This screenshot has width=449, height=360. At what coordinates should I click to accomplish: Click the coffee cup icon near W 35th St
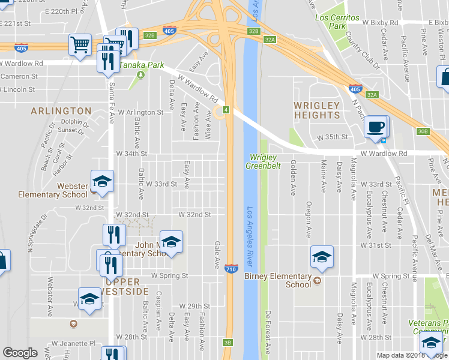tap(376, 127)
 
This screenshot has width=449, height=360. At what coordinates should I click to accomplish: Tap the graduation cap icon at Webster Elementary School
tap(102, 182)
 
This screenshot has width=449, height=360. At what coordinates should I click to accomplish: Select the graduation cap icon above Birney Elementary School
tap(322, 257)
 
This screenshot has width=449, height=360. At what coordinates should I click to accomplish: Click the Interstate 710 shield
tap(231, 269)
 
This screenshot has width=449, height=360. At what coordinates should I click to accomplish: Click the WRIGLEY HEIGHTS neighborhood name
tap(316, 110)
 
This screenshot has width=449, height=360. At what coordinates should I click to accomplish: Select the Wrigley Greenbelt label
tap(264, 161)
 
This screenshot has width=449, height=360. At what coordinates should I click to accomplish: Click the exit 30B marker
tap(423, 131)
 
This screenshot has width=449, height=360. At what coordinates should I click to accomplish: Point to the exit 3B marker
tap(228, 343)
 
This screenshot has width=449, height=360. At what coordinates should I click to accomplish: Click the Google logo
tap(20, 353)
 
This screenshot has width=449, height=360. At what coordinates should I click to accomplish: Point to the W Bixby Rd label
tap(381, 22)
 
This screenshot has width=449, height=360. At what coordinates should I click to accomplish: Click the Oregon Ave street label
tap(309, 219)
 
